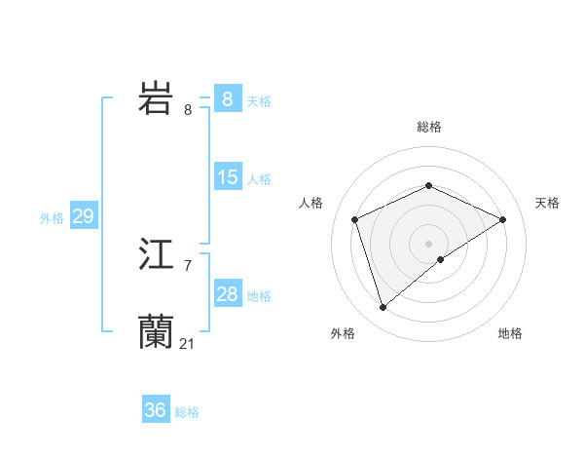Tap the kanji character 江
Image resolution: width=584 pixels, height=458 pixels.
pyautogui.click(x=156, y=255)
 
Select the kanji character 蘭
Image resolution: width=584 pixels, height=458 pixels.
pyautogui.click(x=156, y=331)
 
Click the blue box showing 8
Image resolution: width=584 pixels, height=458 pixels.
pyautogui.click(x=227, y=98)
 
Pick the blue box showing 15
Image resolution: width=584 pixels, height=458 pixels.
pyautogui.click(x=227, y=177)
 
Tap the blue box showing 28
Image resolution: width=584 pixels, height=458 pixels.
pyautogui.click(x=227, y=294)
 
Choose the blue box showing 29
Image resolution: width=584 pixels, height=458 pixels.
pyautogui.click(x=83, y=216)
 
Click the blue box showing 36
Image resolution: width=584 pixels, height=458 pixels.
pyautogui.click(x=155, y=410)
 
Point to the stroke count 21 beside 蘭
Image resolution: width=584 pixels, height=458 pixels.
pyautogui.click(x=188, y=343)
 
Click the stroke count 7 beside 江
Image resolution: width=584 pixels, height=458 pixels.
pyautogui.click(x=188, y=265)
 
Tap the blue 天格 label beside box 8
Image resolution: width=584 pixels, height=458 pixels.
pyautogui.click(x=259, y=100)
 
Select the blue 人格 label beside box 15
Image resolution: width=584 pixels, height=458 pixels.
pyautogui.click(x=259, y=179)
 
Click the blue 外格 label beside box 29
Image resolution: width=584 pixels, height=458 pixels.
pyautogui.click(x=52, y=218)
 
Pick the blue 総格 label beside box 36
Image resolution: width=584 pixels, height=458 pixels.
pyautogui.click(x=187, y=412)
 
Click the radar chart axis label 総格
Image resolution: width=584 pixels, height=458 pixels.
pyautogui.click(x=428, y=127)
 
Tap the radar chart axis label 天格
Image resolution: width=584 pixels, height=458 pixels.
pyautogui.click(x=547, y=203)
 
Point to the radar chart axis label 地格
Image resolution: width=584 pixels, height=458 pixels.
pyautogui.click(x=510, y=333)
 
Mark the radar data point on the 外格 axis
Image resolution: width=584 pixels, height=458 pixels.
pyautogui.click(x=383, y=308)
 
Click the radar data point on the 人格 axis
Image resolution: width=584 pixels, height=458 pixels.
pyautogui.click(x=355, y=219)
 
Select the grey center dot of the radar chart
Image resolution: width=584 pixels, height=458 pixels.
pyautogui.click(x=428, y=243)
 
